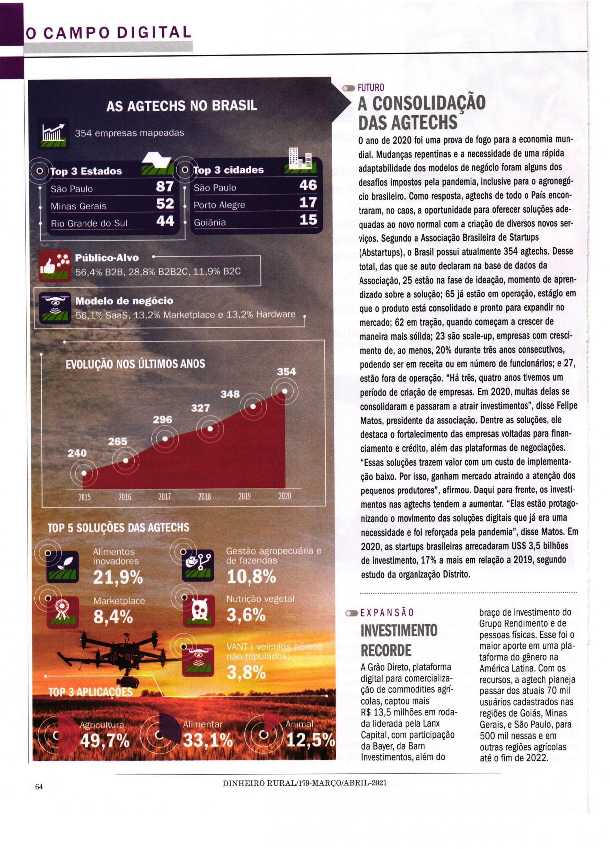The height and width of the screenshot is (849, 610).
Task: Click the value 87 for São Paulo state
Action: tap(165, 186)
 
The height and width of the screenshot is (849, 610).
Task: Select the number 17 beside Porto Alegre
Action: tap(308, 203)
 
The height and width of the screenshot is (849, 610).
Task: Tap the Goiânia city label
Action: tap(209, 222)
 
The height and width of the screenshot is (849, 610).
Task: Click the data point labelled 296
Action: tap(165, 439)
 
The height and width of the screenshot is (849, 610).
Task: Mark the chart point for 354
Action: tap(285, 391)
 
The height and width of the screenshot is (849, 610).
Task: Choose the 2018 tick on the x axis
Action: tap(204, 497)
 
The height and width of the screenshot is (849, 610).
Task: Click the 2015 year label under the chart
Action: tap(84, 497)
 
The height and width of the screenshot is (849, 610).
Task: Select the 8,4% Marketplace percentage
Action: tap(113, 617)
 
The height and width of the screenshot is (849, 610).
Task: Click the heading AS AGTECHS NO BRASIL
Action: tap(182, 106)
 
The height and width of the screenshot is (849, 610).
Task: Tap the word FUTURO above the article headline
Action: tap(371, 88)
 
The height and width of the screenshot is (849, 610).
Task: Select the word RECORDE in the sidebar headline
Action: tap(386, 651)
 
